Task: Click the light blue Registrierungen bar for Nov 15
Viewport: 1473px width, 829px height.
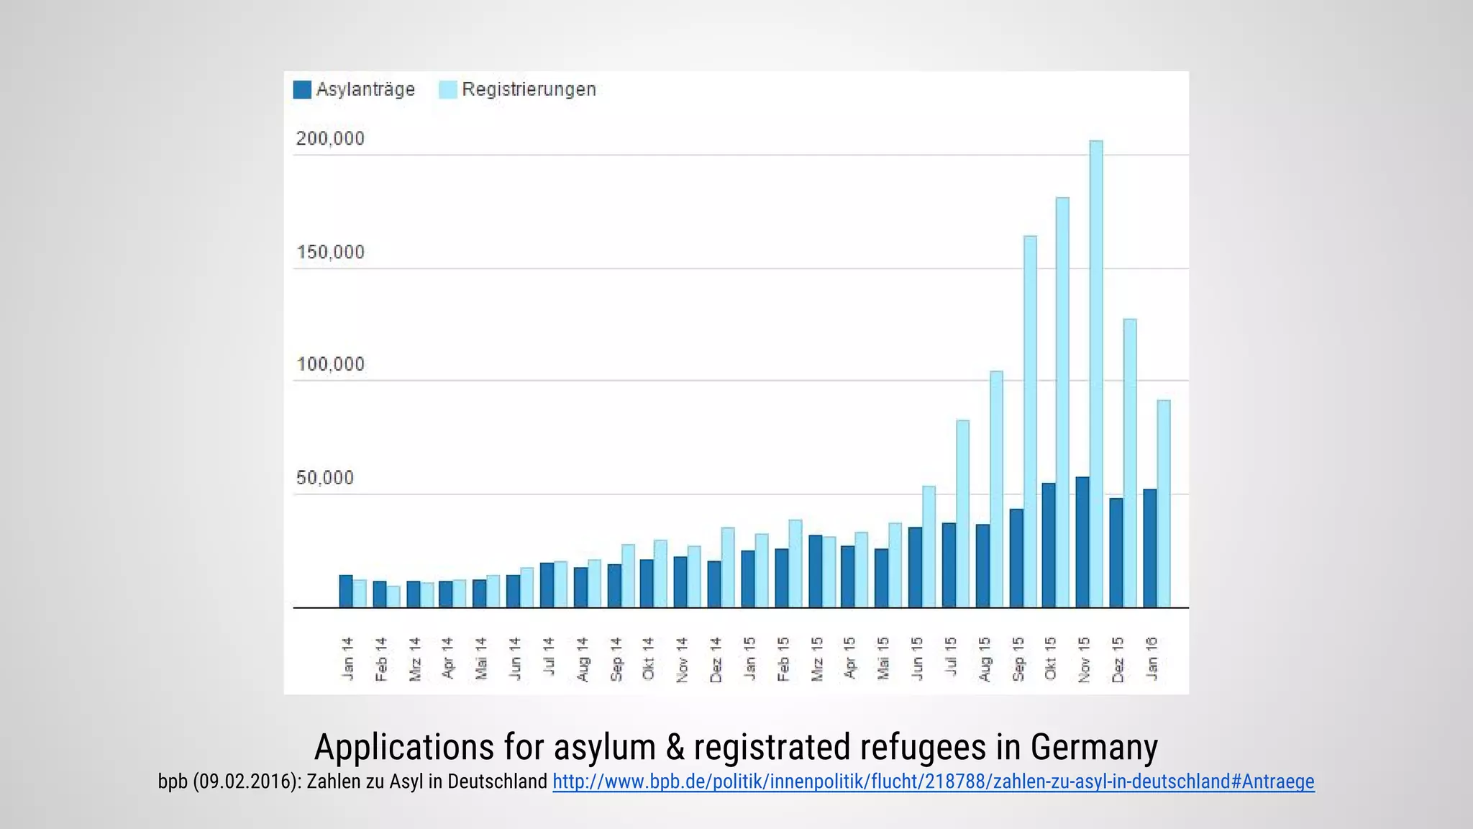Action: point(1096,374)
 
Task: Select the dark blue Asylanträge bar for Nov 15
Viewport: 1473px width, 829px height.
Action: point(1082,543)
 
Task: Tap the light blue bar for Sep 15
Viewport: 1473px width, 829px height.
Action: point(1029,422)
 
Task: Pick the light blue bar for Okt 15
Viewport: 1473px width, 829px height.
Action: point(1062,403)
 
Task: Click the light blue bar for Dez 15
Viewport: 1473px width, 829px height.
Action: point(1130,463)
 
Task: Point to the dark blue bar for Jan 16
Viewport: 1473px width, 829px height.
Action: point(1149,548)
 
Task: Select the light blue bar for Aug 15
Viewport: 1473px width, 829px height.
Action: point(996,489)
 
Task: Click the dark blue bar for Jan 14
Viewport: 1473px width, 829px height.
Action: point(346,592)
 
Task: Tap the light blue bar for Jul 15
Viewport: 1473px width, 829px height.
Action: point(962,514)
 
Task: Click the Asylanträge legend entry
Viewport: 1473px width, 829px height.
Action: point(355,89)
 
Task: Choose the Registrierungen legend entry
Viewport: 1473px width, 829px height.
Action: point(518,89)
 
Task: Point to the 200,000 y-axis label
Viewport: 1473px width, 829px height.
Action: point(330,138)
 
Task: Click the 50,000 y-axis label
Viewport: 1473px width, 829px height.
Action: point(325,478)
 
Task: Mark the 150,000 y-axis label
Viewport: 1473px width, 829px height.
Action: point(330,252)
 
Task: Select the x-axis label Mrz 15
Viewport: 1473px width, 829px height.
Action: point(816,658)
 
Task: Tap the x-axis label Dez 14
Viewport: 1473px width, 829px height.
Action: point(715,658)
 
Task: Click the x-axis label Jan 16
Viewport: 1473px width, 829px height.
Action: point(1152,658)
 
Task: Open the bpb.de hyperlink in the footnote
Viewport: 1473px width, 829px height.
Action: point(933,782)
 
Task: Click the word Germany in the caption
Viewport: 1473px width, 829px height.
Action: point(1094,747)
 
